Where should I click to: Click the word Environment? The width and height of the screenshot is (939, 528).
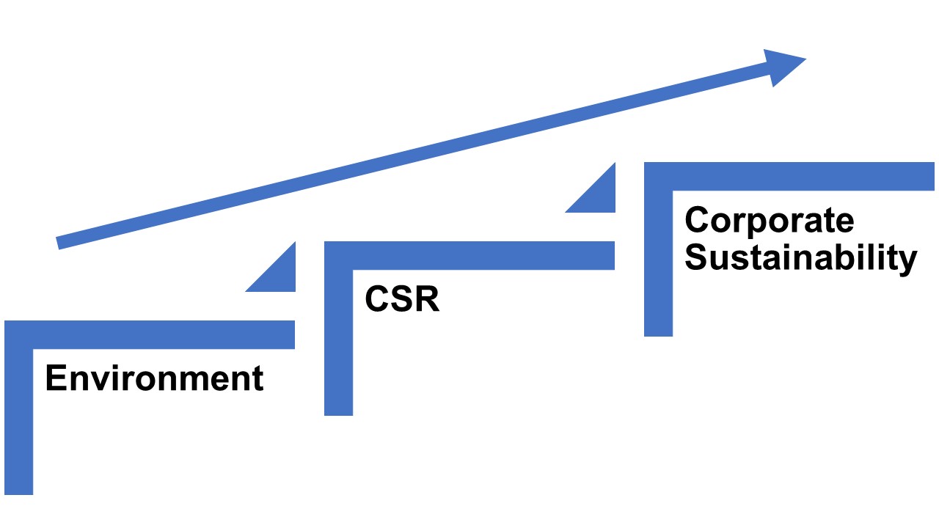coord(154,378)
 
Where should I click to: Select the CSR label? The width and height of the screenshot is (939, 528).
coord(402,299)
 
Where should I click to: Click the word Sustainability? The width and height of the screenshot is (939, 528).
coord(800,258)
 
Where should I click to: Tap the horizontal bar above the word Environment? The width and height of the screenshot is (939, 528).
coord(161,334)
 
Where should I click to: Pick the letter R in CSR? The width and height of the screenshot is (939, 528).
coord(426,299)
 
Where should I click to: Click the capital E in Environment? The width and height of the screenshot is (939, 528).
coord(55,378)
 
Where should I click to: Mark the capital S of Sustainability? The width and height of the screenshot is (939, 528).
coord(697,258)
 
